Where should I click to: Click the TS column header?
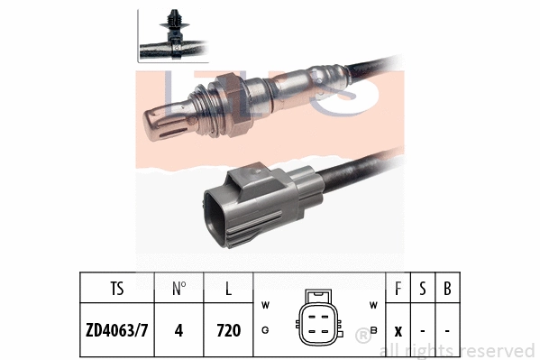point(117,291)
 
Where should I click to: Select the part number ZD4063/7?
point(116,330)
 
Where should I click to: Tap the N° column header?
point(179,291)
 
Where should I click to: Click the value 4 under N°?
point(178,330)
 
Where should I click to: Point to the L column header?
point(229,291)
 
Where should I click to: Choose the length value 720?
point(229,330)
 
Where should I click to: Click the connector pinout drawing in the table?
point(319,318)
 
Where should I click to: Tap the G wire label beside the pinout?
point(265,331)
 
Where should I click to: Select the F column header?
point(399,291)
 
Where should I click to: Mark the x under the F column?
point(399,330)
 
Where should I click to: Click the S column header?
point(423,291)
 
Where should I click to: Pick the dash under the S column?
point(423,330)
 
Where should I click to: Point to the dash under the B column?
point(447,330)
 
